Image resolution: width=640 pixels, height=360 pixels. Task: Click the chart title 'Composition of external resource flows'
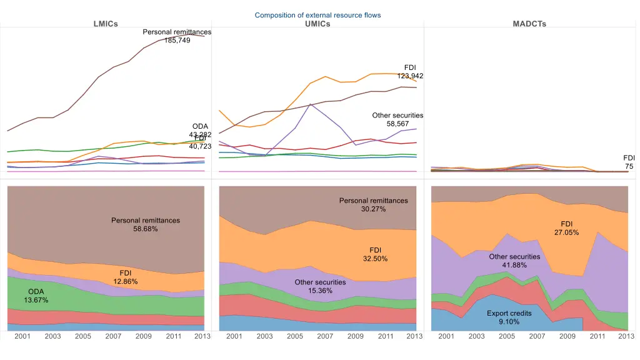[x=317, y=15]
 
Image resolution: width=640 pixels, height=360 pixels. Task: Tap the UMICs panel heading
[x=317, y=24]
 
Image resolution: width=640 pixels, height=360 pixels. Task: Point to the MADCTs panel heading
[x=529, y=24]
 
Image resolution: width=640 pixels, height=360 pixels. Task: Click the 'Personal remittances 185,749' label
[x=177, y=36]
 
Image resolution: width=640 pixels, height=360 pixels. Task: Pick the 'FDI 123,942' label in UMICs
[x=410, y=71]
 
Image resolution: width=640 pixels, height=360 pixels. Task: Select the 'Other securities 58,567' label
[x=397, y=119]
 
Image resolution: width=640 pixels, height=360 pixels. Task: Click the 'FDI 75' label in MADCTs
[x=629, y=162]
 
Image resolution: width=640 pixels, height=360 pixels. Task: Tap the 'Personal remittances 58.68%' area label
[x=146, y=224]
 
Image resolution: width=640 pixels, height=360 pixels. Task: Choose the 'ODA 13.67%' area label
[x=36, y=296]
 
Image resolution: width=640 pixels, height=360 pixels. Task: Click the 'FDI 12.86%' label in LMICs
[x=125, y=277]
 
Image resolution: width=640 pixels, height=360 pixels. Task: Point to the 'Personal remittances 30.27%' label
[x=373, y=205]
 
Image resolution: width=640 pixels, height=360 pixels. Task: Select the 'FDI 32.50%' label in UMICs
[x=375, y=254]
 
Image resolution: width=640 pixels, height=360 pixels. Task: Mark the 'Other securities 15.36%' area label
[x=321, y=286]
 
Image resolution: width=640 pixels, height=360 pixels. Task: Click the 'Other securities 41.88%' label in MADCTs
[x=514, y=261]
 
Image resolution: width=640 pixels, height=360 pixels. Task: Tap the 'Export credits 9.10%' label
[x=509, y=317]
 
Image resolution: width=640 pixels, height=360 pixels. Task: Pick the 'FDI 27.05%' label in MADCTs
[x=566, y=228]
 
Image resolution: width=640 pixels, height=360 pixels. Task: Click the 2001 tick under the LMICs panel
[x=22, y=336]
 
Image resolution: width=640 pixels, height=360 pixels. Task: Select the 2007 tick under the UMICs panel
[x=325, y=336]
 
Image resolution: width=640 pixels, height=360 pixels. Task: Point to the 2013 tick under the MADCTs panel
[x=626, y=336]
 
